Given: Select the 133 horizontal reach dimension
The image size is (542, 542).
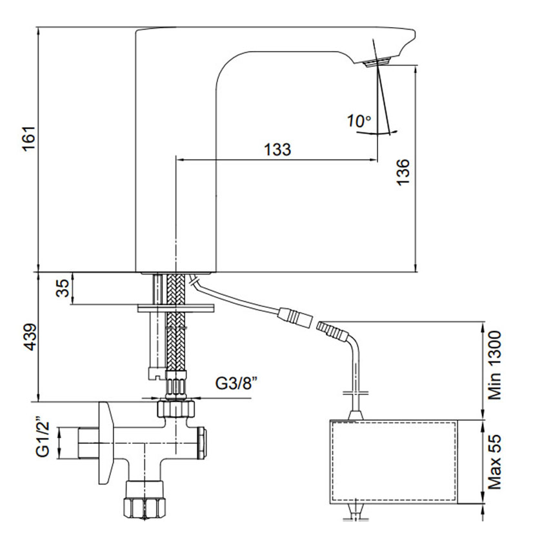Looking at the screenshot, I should [277, 149].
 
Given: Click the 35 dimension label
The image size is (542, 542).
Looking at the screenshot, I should [62, 288].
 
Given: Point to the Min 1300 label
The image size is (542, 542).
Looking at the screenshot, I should [494, 366].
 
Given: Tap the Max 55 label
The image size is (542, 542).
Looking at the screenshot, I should [494, 461].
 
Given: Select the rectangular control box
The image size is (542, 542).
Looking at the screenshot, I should [393, 461].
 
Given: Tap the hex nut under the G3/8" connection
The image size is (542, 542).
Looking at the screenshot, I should [176, 410].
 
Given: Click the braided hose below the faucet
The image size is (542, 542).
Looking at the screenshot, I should [174, 323].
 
